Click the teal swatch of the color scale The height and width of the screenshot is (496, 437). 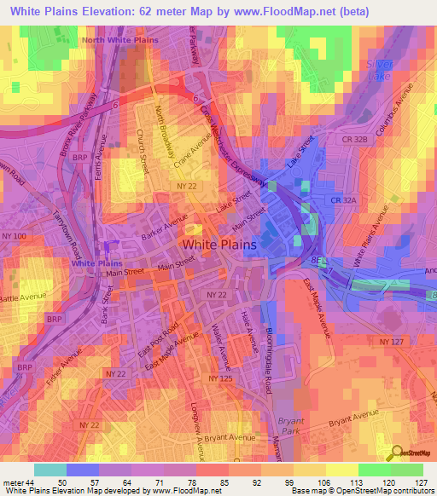(x=50, y=470)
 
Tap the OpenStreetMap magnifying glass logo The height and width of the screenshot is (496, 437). (x=396, y=453)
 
